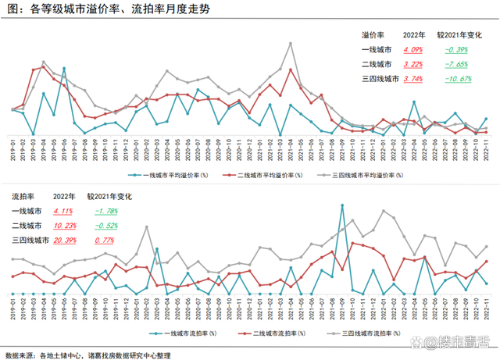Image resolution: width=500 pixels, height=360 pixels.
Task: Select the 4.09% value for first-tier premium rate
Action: point(412,49)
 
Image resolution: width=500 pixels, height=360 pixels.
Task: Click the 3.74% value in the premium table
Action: point(412,79)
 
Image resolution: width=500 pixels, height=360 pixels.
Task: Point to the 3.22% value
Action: point(412,64)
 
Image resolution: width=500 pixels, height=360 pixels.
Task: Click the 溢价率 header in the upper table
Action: point(373,35)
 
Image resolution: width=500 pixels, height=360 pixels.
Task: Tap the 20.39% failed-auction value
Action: point(66,241)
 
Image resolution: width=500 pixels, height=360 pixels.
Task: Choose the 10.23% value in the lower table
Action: point(66,226)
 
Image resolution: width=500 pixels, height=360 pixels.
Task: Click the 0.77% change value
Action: point(105,241)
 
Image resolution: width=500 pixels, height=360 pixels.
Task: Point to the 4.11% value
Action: point(64,212)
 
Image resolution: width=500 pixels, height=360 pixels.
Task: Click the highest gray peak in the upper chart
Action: point(291,43)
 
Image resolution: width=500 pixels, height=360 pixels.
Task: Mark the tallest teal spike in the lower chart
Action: point(342,205)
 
